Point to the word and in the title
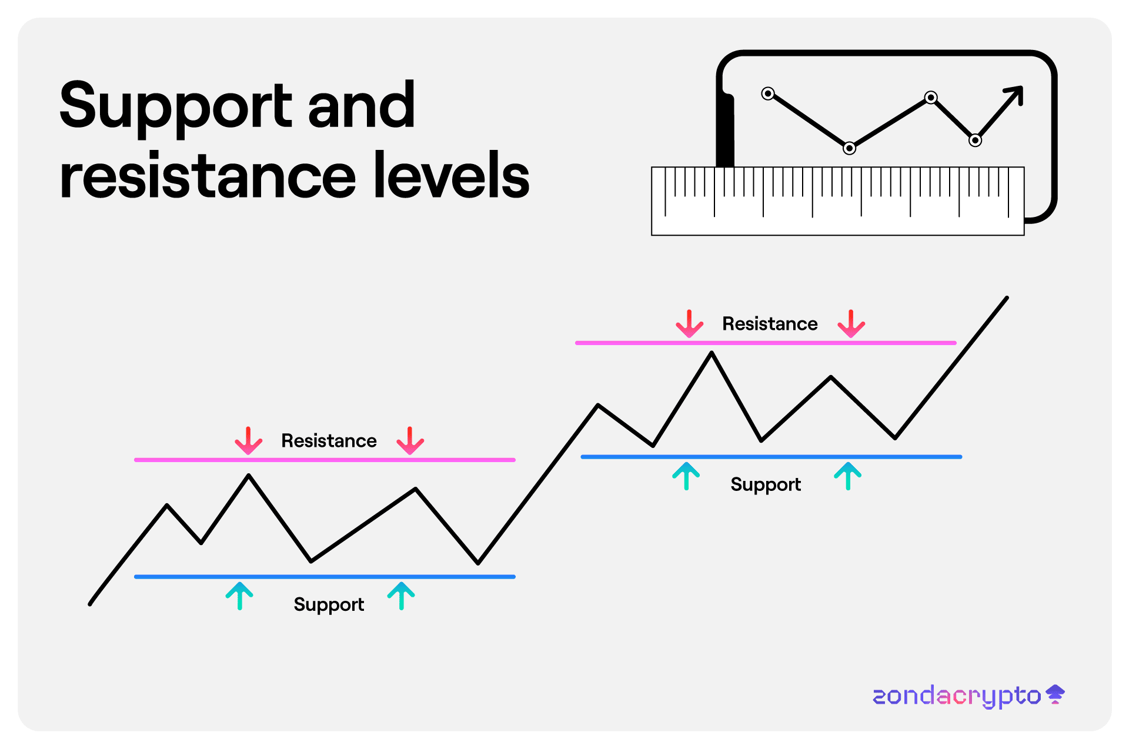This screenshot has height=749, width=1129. [362, 106]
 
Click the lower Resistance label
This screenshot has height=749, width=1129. [329, 441]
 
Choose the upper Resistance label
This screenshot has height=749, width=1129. [770, 324]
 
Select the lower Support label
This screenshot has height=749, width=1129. [329, 604]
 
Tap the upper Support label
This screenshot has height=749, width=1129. [766, 484]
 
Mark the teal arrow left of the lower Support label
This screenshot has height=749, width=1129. [239, 596]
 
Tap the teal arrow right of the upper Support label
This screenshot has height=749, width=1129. [847, 476]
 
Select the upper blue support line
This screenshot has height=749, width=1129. [771, 457]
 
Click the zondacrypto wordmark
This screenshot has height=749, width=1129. [957, 696]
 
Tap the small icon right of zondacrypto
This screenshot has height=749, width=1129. [1055, 694]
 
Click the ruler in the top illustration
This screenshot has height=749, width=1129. [837, 201]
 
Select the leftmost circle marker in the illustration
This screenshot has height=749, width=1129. [768, 93]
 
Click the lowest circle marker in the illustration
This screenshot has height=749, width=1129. [849, 148]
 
